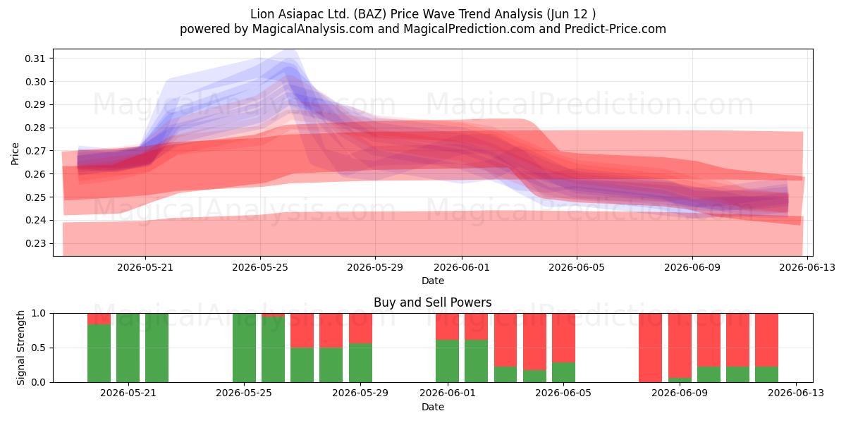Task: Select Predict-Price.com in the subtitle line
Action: tap(615, 29)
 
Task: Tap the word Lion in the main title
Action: tap(262, 14)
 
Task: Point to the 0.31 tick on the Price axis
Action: tap(35, 59)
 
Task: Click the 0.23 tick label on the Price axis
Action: tap(35, 243)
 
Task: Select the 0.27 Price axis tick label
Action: tap(35, 151)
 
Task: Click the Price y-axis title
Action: tap(15, 154)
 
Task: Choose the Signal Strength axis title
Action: tap(20, 348)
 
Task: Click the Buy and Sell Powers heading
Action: tap(433, 302)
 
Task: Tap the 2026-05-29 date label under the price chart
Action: tap(375, 267)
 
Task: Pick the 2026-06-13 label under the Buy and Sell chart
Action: tap(796, 393)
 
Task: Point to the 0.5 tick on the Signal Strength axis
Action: tap(38, 348)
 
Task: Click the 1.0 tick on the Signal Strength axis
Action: tap(38, 314)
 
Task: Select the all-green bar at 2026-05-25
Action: tap(244, 348)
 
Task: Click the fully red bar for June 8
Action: tap(650, 348)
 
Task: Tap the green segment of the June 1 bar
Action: tap(447, 361)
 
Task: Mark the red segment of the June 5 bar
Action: tap(563, 338)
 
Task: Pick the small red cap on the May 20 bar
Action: tap(99, 319)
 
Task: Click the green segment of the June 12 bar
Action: tap(767, 374)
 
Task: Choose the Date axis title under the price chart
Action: tap(433, 281)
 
